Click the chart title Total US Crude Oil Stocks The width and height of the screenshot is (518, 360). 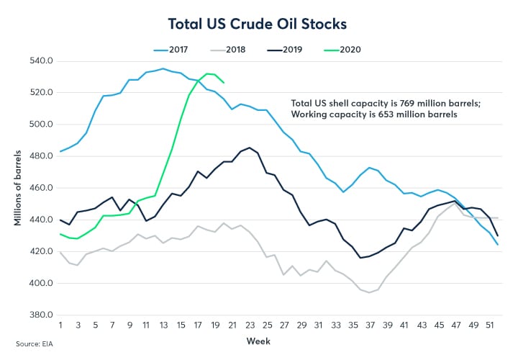click(258, 23)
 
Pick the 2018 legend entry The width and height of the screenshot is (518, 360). click(236, 49)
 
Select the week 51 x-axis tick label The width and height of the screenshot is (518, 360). click(489, 325)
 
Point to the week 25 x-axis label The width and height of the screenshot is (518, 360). click(265, 325)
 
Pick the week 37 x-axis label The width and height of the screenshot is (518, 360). click(369, 325)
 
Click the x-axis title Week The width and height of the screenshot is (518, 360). click(259, 339)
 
